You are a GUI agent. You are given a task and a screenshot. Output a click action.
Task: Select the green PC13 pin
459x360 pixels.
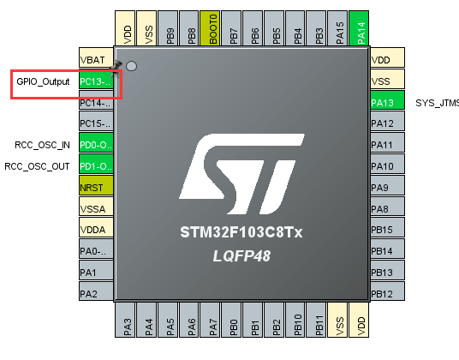[x=95, y=81]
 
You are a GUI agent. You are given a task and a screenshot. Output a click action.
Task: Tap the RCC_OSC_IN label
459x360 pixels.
[x=42, y=145]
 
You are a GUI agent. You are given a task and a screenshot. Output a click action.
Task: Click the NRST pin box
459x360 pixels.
[x=95, y=187]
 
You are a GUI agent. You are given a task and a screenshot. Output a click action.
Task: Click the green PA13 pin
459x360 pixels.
[x=387, y=102]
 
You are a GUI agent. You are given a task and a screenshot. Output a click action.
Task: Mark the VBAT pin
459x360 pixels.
[x=95, y=60]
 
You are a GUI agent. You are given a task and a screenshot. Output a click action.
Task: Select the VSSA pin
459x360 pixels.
[x=95, y=208]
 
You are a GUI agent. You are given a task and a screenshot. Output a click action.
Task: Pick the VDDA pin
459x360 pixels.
[x=95, y=230]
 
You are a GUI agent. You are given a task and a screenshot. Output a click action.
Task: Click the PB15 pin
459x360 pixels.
[x=387, y=230]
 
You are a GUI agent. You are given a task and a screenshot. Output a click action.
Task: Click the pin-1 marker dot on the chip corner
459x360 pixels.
[x=131, y=66]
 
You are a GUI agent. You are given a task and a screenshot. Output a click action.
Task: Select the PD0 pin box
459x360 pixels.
[x=95, y=145]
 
